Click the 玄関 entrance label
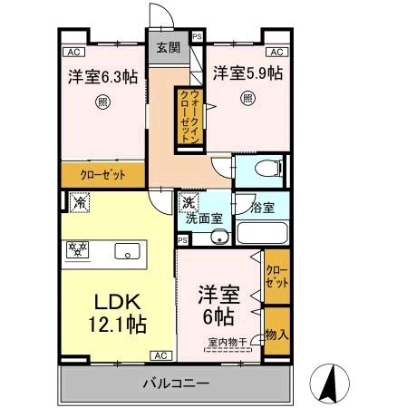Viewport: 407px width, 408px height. tap(168, 47)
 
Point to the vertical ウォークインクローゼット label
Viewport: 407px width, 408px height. tap(187, 114)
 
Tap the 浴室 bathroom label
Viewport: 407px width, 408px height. tap(264, 207)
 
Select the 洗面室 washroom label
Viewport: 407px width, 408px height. tap(204, 219)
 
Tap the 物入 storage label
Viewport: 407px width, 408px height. tap(276, 335)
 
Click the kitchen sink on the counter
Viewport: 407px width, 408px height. tap(126, 251)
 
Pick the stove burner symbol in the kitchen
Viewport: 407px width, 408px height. tap(76, 247)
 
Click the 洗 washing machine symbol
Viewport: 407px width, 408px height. tap(188, 203)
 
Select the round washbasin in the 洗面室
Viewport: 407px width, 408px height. tap(218, 238)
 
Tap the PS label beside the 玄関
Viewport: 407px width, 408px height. tap(197, 37)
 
